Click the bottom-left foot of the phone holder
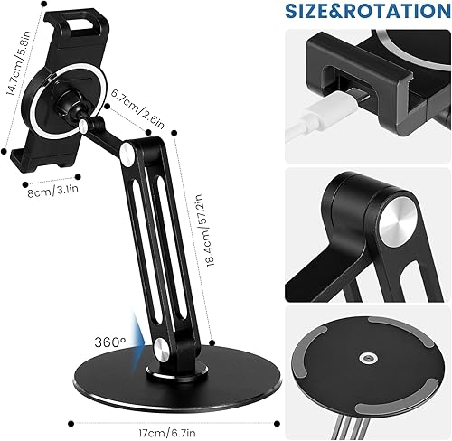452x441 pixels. pyautogui.click(x=24, y=164)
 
